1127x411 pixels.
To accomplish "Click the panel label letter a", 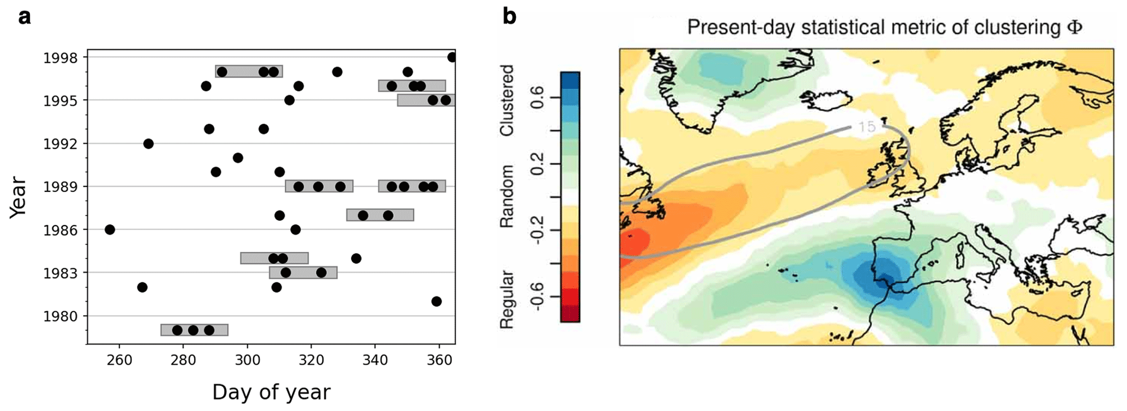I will click(x=25, y=17).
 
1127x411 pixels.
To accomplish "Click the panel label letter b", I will click(x=509, y=17).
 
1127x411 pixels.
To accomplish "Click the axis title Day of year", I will click(x=271, y=392).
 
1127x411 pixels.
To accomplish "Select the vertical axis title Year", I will click(x=18, y=197).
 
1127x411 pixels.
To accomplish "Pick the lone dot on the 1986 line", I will click(x=110, y=229).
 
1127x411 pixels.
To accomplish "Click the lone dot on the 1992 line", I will click(x=148, y=144).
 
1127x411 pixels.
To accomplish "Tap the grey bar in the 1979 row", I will click(x=194, y=330).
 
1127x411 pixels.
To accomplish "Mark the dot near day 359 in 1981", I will click(x=436, y=301).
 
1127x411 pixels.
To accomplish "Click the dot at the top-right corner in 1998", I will click(x=452, y=57).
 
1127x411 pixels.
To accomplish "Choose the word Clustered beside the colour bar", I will click(x=507, y=100).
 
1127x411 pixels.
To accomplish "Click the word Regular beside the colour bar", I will click(x=507, y=299).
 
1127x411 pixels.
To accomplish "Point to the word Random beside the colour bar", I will click(x=507, y=196).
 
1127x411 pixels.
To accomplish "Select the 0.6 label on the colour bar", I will click(x=537, y=98).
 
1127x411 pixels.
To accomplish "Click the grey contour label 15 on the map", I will click(x=866, y=127).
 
